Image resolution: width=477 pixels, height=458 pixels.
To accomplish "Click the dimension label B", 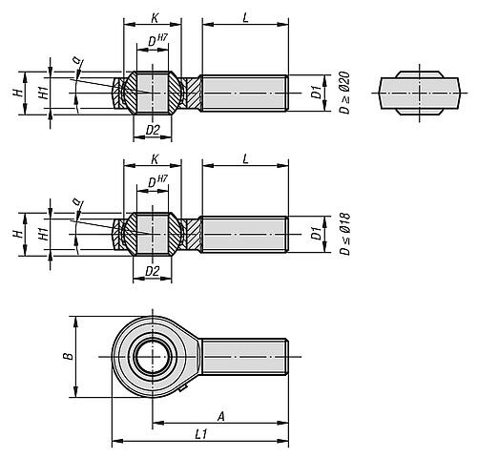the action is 70,356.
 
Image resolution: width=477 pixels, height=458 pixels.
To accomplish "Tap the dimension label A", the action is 221,416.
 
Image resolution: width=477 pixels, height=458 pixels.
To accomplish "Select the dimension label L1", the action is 201,434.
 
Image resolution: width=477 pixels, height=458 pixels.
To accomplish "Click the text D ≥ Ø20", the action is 344,93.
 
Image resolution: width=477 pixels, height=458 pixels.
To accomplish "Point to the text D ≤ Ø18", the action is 344,234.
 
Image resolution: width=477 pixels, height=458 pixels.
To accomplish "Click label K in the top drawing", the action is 155,18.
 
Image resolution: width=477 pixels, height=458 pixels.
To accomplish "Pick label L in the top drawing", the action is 245,18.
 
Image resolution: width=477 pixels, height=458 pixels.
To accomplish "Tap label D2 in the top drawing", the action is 153,130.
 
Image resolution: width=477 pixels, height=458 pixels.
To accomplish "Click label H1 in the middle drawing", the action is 44,234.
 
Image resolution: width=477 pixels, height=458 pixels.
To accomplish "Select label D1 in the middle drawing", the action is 316,234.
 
